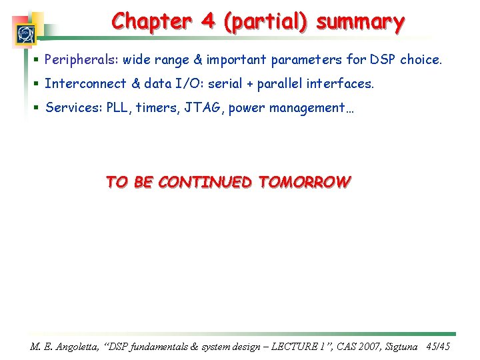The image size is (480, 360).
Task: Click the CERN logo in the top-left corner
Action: (25, 33)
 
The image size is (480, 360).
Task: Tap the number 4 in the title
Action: (209, 21)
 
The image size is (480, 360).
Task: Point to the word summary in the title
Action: (361, 22)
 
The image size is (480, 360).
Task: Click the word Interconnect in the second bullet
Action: (85, 84)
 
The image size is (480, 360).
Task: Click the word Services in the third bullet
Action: (71, 108)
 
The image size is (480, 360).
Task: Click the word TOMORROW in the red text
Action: (303, 182)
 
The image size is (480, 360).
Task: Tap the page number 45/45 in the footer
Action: (439, 347)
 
